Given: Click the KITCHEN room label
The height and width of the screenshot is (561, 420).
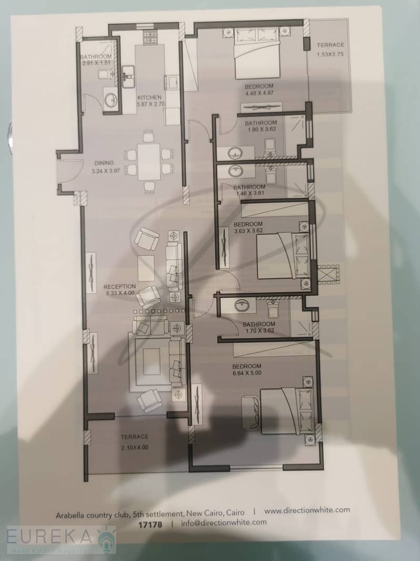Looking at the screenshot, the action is tap(149, 97).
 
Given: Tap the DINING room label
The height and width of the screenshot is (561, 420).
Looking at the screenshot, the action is tap(104, 163).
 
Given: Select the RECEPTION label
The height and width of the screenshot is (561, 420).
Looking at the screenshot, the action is tap(120, 287).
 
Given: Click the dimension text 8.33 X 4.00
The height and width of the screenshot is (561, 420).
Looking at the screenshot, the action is tap(120, 293).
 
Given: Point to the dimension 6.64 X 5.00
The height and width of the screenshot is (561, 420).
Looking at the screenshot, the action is tap(247, 373).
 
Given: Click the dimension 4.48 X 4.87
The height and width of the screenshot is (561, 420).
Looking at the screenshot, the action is tap(259, 93).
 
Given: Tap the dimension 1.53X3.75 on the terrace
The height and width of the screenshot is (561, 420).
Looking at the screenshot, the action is tap(330, 55).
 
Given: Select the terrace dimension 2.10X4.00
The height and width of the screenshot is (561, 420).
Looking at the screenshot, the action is tap(135, 447).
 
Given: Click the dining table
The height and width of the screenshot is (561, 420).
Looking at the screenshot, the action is tap(149, 162).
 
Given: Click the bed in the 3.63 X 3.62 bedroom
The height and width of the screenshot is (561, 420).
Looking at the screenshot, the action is tap(282, 255).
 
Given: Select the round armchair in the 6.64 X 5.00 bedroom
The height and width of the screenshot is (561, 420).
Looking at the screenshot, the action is tap(251, 412).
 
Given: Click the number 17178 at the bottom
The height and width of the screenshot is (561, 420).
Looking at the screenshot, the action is tap(150, 525).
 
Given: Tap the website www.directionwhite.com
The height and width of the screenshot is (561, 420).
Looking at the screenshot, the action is tap(307, 510).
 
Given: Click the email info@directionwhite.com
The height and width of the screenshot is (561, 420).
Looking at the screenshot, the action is tap(224, 523).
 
